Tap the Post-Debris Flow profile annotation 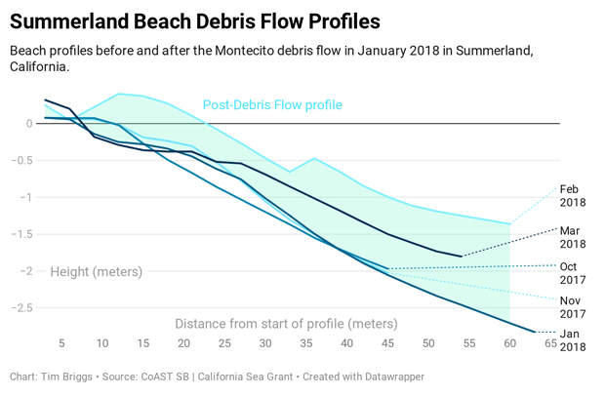click(x=272, y=105)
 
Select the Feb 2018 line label click(x=573, y=196)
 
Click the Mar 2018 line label click(x=573, y=237)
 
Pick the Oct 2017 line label click(x=573, y=272)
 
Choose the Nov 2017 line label click(x=573, y=307)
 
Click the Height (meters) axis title click(x=97, y=271)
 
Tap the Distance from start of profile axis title click(x=286, y=323)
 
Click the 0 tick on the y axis click(x=30, y=123)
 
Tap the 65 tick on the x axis click(x=551, y=343)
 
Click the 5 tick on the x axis click(x=61, y=343)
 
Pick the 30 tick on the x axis click(x=265, y=343)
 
